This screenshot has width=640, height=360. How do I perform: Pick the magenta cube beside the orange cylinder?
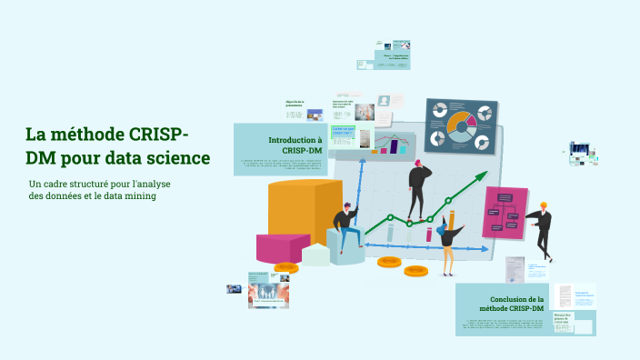282,247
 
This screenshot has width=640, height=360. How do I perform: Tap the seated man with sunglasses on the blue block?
345,227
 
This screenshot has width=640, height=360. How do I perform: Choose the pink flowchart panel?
505,213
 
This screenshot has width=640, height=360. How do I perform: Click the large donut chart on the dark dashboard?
461,125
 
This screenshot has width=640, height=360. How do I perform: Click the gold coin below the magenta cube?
286,268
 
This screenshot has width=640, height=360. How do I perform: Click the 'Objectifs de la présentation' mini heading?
296,104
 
